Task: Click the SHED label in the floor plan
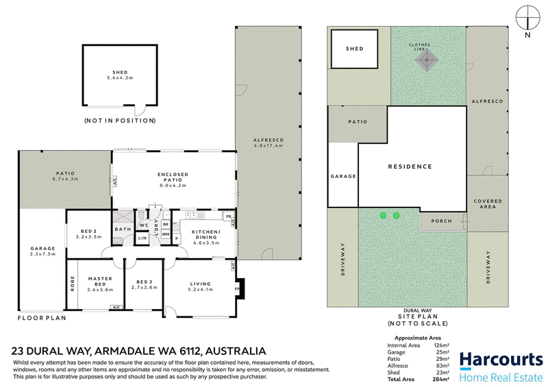pos(120,73)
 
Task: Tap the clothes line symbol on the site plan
pos(427,60)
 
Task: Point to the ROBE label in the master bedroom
pos(73,284)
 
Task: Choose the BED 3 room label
pos(145,282)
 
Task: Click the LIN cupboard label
pos(142,238)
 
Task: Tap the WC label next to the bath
pos(144,225)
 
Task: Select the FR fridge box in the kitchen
pos(228,216)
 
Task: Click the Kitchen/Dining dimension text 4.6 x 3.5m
pos(206,242)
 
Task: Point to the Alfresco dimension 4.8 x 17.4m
pos(269,145)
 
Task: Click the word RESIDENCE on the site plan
pos(410,166)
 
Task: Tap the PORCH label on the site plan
pos(441,221)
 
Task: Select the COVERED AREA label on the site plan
pos(488,204)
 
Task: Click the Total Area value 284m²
pos(441,379)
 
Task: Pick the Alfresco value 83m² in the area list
pos(443,366)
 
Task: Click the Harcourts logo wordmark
pos(501,360)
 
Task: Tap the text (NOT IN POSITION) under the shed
pos(120,121)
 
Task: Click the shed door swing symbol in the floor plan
pos(140,110)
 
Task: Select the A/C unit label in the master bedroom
pos(116,308)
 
